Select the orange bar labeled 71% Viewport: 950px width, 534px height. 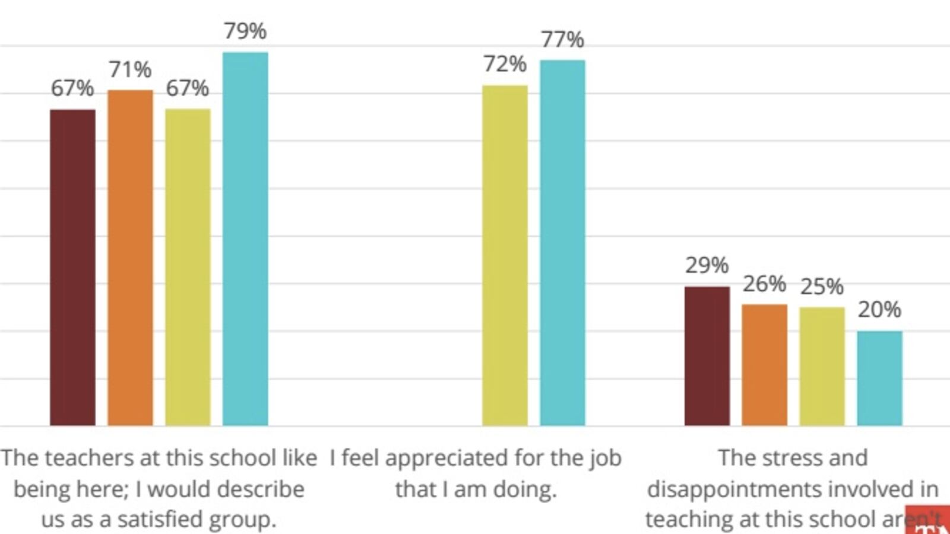coord(130,258)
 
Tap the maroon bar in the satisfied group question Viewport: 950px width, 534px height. coord(72,267)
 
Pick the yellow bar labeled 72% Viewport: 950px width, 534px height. coord(505,255)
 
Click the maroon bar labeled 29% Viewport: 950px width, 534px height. coord(707,356)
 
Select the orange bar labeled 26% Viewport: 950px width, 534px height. coord(764,365)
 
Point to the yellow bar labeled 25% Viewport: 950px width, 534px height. coord(822,366)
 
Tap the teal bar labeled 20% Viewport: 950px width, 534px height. coord(879,378)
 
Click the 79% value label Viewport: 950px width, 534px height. coord(245,31)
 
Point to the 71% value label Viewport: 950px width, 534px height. coord(130,69)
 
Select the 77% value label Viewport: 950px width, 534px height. coord(562,40)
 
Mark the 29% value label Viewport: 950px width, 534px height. coord(707,265)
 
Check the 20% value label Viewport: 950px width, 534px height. coord(879,309)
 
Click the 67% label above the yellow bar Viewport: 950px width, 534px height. coord(187,88)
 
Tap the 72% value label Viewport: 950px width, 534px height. coord(505,64)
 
